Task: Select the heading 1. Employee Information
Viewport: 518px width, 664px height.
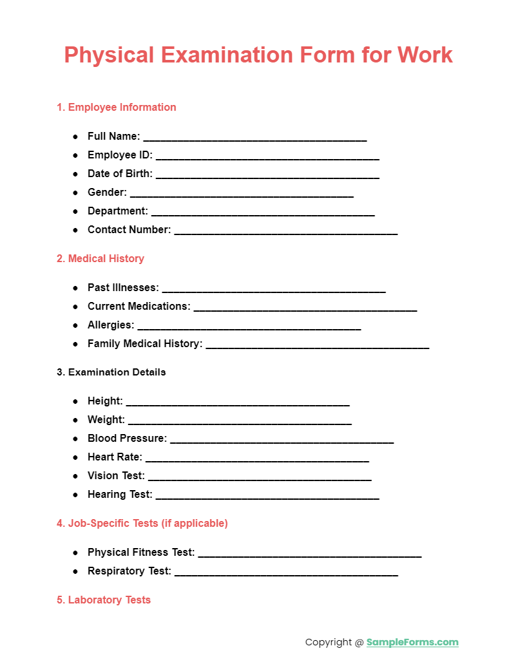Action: pyautogui.click(x=116, y=108)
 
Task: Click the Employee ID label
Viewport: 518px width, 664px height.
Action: pyautogui.click(x=120, y=155)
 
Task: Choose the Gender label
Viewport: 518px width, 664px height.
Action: pyautogui.click(x=107, y=193)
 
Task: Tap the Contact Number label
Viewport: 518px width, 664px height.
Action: pyautogui.click(x=129, y=230)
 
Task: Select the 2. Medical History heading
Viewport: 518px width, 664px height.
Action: pyautogui.click(x=101, y=259)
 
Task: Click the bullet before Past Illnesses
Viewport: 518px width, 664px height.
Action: pyautogui.click(x=75, y=288)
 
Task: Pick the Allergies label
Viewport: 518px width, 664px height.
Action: pyautogui.click(x=111, y=325)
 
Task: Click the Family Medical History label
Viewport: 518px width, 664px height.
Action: pyautogui.click(x=145, y=344)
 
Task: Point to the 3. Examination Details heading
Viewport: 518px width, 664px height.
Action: pyautogui.click(x=111, y=372)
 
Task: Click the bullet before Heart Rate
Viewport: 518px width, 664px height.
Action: pyautogui.click(x=75, y=457)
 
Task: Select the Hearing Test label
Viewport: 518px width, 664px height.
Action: pyautogui.click(x=120, y=495)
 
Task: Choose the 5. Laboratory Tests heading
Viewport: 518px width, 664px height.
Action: pyautogui.click(x=104, y=600)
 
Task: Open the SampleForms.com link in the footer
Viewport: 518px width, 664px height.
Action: pyautogui.click(x=412, y=642)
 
